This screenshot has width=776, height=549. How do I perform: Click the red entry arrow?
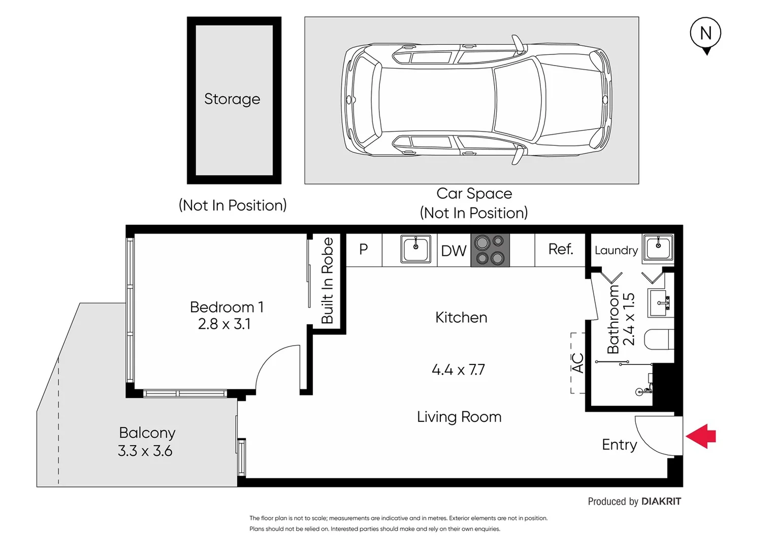(x=701, y=436)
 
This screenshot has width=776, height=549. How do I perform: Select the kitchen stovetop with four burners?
(x=490, y=250)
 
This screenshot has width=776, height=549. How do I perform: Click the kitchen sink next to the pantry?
(x=415, y=249)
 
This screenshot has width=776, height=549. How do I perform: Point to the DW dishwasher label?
(x=454, y=251)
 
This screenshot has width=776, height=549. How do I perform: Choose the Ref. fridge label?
(x=561, y=249)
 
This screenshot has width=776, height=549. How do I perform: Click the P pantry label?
(x=364, y=249)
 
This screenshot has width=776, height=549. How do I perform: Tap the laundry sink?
(x=658, y=248)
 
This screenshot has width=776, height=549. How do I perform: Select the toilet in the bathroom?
(x=659, y=340)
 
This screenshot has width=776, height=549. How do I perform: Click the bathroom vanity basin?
(x=660, y=303)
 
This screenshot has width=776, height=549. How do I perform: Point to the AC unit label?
(x=577, y=363)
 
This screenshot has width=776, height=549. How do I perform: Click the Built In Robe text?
(x=328, y=281)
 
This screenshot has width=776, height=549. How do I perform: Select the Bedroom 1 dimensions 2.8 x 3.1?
(x=224, y=324)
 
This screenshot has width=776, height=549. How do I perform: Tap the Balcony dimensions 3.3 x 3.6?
(x=145, y=451)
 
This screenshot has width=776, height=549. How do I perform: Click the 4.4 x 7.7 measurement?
(x=458, y=370)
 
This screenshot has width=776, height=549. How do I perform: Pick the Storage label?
(x=232, y=99)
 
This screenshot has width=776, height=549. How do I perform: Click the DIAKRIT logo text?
(x=661, y=501)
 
